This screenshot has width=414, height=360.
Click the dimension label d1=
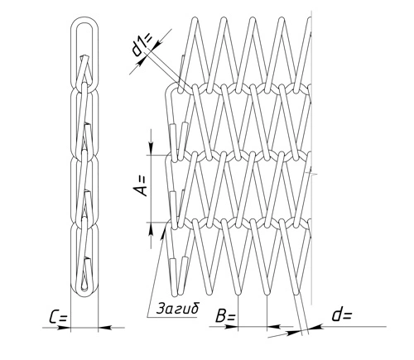[142, 46]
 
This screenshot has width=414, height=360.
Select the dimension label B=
[225, 316]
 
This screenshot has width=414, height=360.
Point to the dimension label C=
[58, 317]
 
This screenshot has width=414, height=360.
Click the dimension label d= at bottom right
[342, 315]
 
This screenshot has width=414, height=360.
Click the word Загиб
[177, 309]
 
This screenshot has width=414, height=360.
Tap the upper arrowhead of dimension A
[151, 148]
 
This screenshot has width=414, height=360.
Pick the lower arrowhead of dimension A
[151, 229]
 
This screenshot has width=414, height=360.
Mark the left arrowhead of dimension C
[64, 328]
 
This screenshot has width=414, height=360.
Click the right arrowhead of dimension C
[105, 328]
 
